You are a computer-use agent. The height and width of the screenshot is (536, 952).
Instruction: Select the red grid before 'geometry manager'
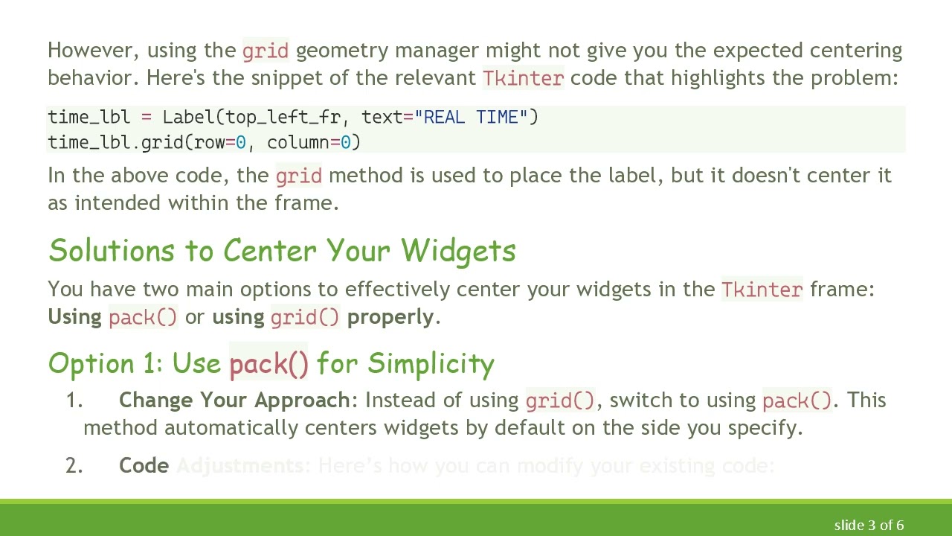click(x=266, y=51)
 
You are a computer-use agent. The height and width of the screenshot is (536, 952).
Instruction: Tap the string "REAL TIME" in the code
click(x=472, y=117)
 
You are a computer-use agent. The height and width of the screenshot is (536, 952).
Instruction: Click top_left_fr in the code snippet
click(x=283, y=117)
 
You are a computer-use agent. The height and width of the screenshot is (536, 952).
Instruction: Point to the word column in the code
click(x=297, y=142)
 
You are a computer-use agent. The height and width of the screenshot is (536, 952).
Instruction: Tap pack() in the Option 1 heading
click(x=268, y=363)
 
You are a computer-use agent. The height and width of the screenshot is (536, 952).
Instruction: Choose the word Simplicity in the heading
click(x=431, y=363)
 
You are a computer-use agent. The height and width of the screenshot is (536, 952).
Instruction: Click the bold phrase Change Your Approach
click(x=234, y=401)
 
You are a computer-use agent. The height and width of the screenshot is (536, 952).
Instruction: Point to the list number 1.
click(x=74, y=401)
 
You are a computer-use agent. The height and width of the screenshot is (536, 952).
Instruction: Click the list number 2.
click(x=74, y=466)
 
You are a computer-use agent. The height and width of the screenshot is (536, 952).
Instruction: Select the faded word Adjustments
click(x=240, y=466)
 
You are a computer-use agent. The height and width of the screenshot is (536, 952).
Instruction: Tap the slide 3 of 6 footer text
click(x=869, y=525)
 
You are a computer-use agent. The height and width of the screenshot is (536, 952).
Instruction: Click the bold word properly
click(x=390, y=316)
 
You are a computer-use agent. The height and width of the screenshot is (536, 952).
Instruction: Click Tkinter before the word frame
click(x=762, y=289)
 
